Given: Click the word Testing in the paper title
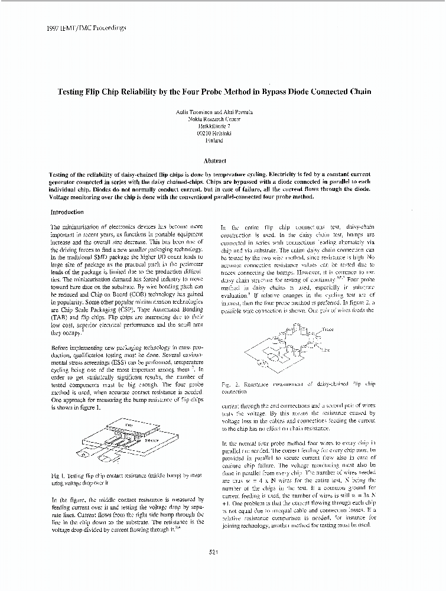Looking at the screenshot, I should click(73, 92).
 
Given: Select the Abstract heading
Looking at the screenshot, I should click(214, 160).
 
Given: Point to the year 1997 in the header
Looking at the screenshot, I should click(52, 27).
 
